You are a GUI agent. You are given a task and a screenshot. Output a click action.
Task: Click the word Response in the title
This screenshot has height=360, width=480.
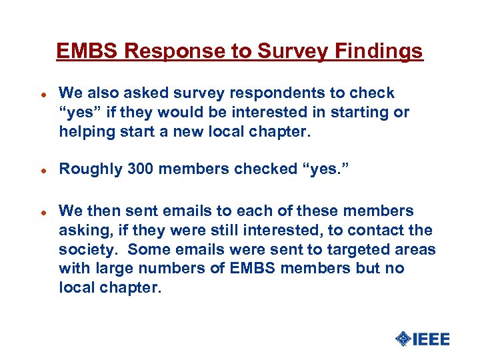(x=159, y=51)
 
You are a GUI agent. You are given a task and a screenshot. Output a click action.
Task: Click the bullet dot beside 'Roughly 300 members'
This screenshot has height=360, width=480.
(x=42, y=170)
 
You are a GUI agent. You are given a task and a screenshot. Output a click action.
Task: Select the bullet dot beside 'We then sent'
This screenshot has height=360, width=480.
(x=42, y=212)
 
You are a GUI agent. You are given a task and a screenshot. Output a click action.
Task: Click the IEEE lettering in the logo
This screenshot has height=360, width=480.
(x=431, y=339)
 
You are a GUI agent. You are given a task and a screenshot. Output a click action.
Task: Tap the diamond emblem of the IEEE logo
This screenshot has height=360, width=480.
(x=402, y=339)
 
